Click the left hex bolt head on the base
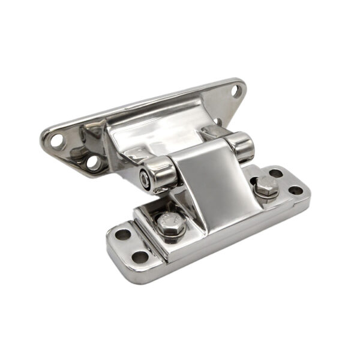169,223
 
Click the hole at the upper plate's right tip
236,91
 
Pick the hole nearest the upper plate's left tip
56,142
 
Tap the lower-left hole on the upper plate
93,162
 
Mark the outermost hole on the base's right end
296,190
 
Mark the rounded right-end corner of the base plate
307,195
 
